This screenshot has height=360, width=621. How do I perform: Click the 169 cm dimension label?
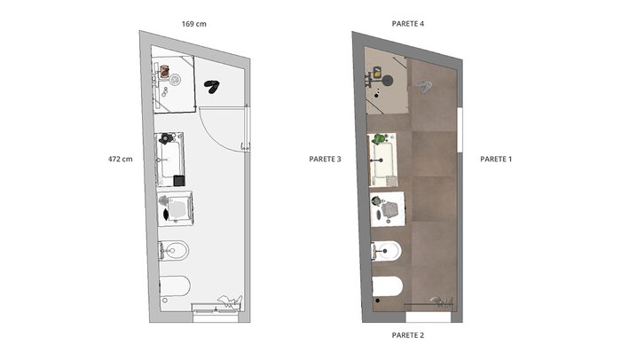pyautogui.click(x=194, y=24)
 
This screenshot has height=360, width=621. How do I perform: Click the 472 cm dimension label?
pyautogui.click(x=121, y=160)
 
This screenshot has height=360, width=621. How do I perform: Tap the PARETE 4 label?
pyautogui.click(x=408, y=24)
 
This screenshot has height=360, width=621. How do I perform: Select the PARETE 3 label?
pyautogui.click(x=326, y=160)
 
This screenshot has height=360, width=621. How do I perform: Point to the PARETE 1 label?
pyautogui.click(x=496, y=160)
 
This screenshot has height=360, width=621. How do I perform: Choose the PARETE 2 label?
pyautogui.click(x=408, y=335)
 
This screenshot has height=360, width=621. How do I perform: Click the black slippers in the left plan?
pyautogui.click(x=212, y=86)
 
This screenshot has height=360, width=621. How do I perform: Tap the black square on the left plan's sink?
pyautogui.click(x=179, y=181)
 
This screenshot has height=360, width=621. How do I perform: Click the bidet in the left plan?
pyautogui.click(x=174, y=251)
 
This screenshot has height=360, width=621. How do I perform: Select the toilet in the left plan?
pyautogui.click(x=175, y=286)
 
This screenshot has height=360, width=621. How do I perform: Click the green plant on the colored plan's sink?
pyautogui.click(x=379, y=139)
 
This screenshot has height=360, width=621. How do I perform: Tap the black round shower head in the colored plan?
pyautogui.click(x=388, y=81)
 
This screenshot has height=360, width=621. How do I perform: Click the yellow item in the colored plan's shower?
pyautogui.click(x=377, y=73)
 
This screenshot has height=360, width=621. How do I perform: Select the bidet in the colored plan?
pyautogui.click(x=387, y=251)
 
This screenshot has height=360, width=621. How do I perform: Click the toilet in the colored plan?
pyautogui.click(x=388, y=286)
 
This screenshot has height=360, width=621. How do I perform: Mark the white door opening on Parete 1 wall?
pyautogui.click(x=460, y=129)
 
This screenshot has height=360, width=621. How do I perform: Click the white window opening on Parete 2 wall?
pyautogui.click(x=428, y=317)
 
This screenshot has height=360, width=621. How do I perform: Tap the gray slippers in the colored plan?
pyautogui.click(x=425, y=87)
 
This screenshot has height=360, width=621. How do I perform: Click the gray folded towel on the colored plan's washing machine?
pyautogui.click(x=390, y=209)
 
